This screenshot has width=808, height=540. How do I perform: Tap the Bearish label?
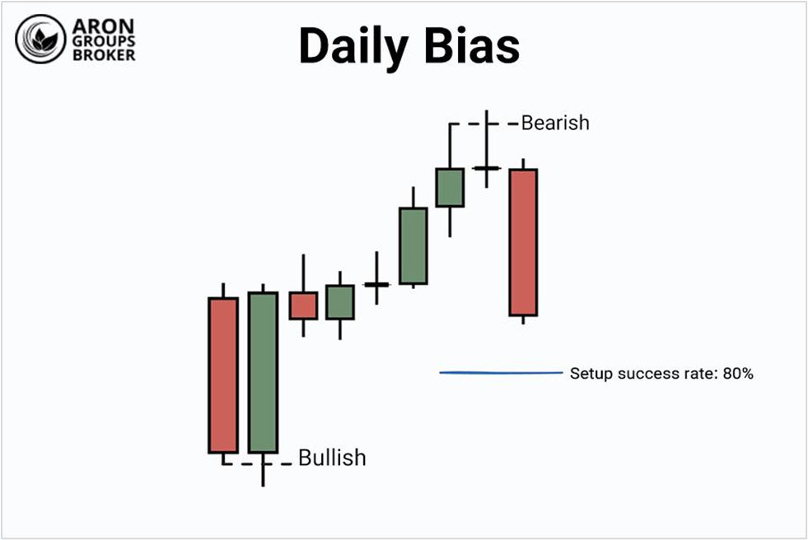point(555,123)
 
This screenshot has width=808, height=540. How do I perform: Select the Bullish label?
point(332,458)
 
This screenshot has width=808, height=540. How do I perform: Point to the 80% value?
point(738,374)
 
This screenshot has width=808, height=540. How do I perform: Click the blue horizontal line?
point(501,373)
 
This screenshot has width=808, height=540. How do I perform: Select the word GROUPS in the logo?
point(104,40)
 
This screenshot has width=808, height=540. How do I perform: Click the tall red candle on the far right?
point(523,242)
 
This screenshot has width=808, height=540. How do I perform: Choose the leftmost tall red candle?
point(222,375)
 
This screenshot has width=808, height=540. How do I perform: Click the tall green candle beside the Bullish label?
point(263,372)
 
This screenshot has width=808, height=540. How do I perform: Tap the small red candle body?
point(303,305)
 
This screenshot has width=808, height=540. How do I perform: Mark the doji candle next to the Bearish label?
point(487,167)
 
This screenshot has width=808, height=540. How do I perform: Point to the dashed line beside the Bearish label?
point(468,124)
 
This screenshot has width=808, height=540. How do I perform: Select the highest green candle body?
point(450,188)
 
